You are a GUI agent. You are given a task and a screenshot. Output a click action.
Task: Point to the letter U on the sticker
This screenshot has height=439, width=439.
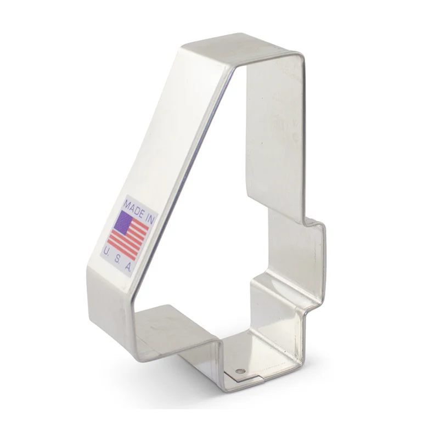coord(106,251)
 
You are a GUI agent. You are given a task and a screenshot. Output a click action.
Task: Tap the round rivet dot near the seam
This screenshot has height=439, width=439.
coord(240,372)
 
